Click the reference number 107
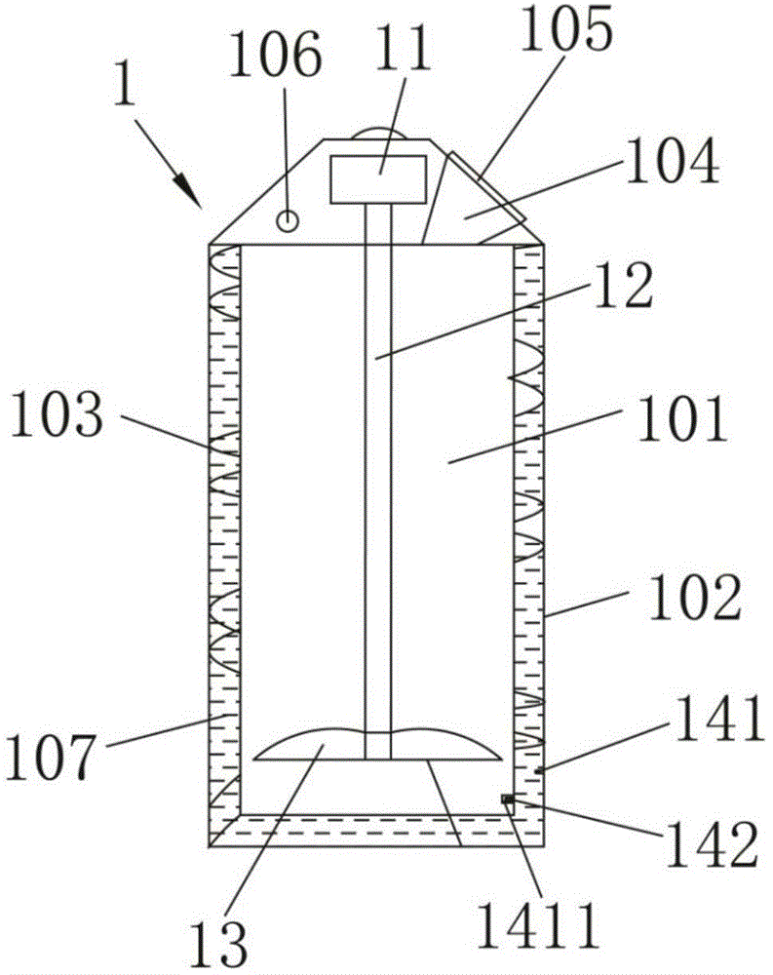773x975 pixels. coord(54,756)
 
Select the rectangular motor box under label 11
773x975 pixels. coord(378,179)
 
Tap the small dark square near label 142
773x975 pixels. coord(507,800)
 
